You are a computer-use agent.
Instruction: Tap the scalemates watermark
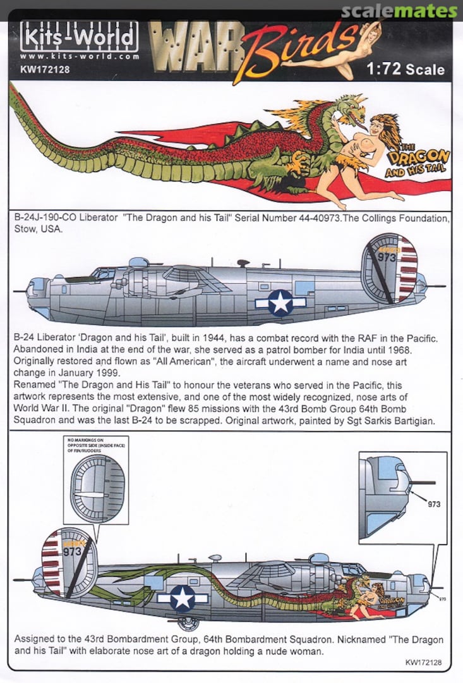399,11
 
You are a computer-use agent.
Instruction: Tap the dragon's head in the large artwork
350,109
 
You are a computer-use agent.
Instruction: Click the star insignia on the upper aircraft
280,303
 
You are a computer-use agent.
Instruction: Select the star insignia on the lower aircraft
183,597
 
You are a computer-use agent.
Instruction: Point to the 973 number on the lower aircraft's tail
71,551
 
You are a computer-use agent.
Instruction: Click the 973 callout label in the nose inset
433,504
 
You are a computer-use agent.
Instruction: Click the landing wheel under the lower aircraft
188,624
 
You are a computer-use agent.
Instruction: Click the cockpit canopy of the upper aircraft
104,273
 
